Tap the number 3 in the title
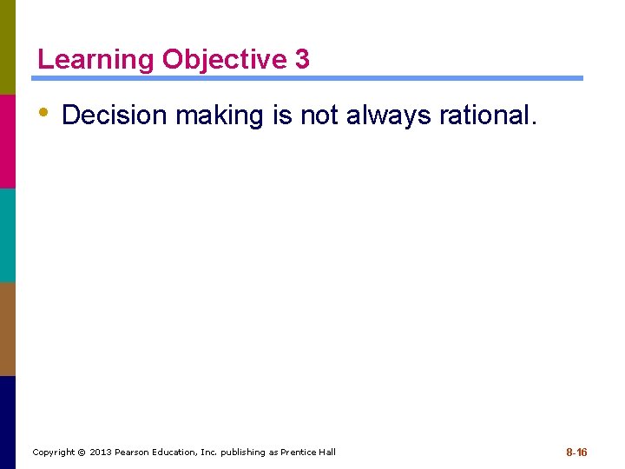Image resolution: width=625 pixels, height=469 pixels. tap(302, 60)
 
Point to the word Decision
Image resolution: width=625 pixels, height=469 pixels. tap(115, 115)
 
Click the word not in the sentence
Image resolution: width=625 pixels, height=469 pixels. tap(320, 115)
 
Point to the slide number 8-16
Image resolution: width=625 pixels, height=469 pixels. tap(576, 452)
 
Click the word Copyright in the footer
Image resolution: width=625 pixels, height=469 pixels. tap(53, 452)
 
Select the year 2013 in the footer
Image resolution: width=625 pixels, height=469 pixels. tap(102, 452)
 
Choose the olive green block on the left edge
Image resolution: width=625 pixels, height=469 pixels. tap(8, 47)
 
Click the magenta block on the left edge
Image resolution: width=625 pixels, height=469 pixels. tap(8, 141)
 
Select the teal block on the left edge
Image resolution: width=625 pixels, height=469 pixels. tap(8, 234)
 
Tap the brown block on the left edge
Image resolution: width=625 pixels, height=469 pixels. tap(8, 328)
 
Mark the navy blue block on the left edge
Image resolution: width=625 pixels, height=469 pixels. tap(8, 422)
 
